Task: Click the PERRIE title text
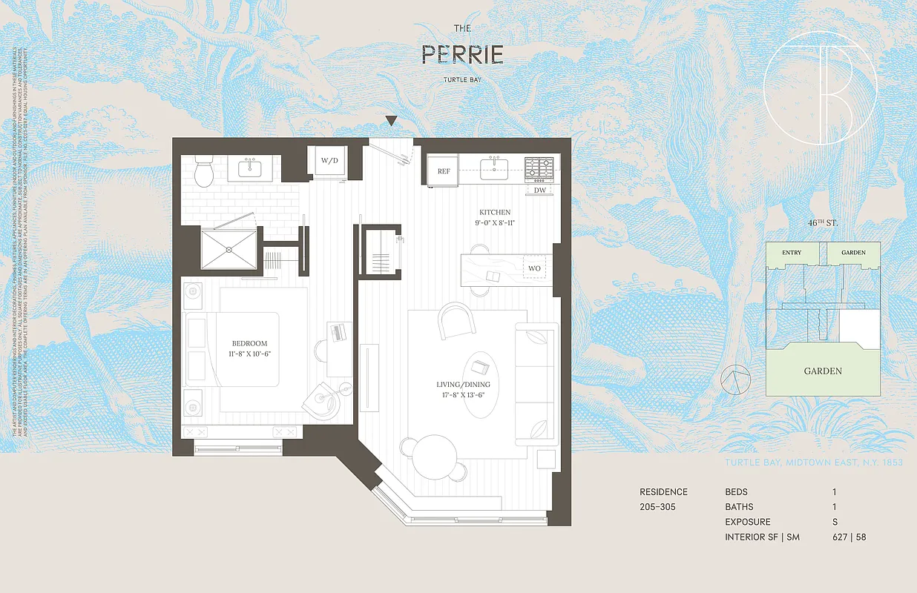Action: pos(463,54)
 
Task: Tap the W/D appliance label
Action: pos(328,160)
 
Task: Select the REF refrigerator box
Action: pos(444,171)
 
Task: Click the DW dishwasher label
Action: pos(540,191)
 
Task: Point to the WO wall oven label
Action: pos(534,268)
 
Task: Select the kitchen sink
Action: pos(493,168)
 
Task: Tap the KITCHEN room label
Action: pos(494,212)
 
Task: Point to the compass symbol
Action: pos(734,380)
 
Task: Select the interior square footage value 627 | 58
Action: pos(849,537)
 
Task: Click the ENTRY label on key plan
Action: pos(792,253)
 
